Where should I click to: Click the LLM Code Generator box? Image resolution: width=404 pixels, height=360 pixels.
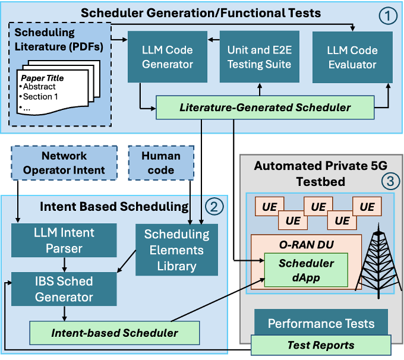pyautogui.click(x=168, y=56)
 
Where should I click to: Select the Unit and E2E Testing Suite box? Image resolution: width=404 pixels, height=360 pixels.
pyautogui.click(x=259, y=56)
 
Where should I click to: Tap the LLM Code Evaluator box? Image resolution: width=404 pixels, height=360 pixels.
pyautogui.click(x=352, y=56)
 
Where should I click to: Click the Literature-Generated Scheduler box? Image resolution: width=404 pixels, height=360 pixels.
pyautogui.click(x=265, y=108)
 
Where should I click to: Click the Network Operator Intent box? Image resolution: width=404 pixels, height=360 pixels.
pyautogui.click(x=64, y=163)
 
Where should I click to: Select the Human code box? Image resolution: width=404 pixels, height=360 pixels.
pyautogui.click(x=160, y=163)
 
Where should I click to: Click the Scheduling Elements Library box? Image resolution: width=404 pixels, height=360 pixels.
pyautogui.click(x=177, y=250)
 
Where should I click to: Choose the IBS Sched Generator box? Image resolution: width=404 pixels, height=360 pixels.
pyautogui.click(x=64, y=288)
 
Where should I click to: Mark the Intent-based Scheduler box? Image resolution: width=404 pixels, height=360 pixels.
pyautogui.click(x=114, y=333)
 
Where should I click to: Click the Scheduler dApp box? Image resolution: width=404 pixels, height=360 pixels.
pyautogui.click(x=306, y=270)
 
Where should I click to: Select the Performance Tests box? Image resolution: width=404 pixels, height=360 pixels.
pyautogui.click(x=321, y=323)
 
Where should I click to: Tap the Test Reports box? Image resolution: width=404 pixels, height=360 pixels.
pyautogui.click(x=321, y=345)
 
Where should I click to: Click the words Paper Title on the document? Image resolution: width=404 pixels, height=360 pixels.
pyautogui.click(x=42, y=78)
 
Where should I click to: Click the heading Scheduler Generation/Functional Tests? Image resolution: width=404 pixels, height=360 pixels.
pyautogui.click(x=201, y=12)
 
